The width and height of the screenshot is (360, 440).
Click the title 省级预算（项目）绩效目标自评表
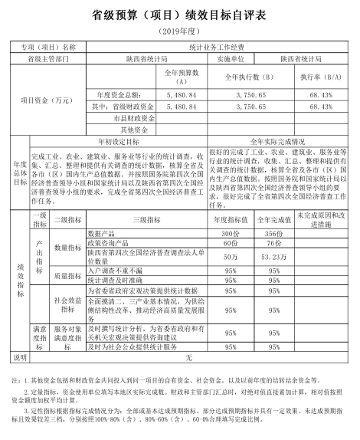coord(180,14)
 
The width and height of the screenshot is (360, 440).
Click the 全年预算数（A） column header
coord(182,76)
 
